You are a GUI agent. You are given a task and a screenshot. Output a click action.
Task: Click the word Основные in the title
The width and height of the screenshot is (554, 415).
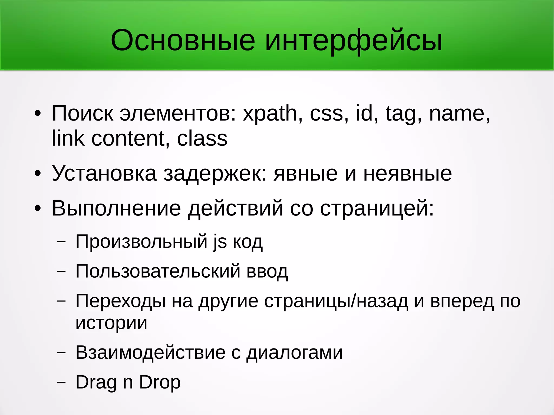tap(183, 41)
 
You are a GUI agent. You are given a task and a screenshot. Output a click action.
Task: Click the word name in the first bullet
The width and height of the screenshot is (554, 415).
tap(459, 114)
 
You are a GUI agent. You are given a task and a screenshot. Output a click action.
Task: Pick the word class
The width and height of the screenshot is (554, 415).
tap(202, 138)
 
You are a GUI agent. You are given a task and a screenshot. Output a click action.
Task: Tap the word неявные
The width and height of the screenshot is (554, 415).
tap(407, 173)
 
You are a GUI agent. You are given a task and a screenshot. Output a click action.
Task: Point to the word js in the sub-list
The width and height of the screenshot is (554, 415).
tap(220, 242)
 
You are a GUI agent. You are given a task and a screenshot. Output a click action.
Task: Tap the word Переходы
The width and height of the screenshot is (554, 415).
tap(120, 301)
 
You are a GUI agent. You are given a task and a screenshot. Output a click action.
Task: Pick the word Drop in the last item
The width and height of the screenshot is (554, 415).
tap(160, 383)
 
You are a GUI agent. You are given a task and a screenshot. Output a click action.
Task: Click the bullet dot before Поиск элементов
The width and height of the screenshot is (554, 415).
tap(38, 114)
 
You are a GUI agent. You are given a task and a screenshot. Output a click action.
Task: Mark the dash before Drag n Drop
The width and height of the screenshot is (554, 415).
tap(61, 382)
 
